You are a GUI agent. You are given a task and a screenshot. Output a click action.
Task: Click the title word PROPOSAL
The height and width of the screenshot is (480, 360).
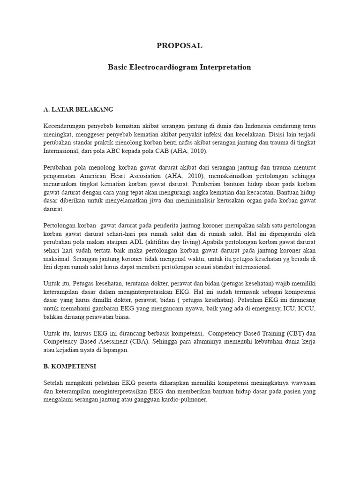pyautogui.click(x=180, y=45)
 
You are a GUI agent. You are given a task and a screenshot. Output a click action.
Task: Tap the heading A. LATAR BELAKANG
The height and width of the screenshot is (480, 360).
pyautogui.click(x=78, y=109)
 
